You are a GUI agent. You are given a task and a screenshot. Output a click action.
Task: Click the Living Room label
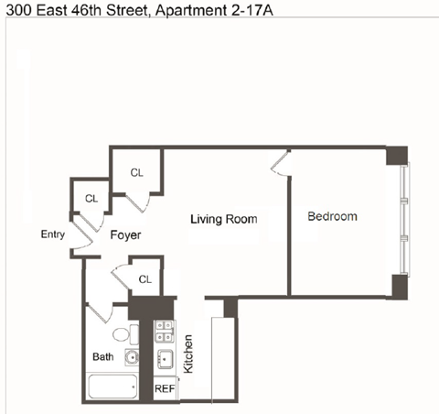pos(224,219)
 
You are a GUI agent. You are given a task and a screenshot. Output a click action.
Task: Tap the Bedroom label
pos(332,216)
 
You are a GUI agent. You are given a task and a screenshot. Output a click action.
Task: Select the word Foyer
pos(125,234)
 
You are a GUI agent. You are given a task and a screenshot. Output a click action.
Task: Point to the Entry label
pos(53,234)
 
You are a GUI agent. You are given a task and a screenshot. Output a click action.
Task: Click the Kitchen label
pos(188,354)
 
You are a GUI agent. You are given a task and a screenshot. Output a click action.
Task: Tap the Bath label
pos(103,356)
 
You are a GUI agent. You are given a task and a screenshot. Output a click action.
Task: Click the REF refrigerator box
pos(166,388)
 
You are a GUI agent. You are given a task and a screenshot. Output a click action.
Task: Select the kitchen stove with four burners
pos(165,332)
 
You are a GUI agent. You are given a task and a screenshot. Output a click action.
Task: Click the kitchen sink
pos(165,359)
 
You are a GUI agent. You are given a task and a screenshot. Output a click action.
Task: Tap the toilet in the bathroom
pos(125,334)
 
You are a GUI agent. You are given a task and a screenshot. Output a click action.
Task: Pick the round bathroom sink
pos(132,357)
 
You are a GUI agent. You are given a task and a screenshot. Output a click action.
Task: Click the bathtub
pos(112,387)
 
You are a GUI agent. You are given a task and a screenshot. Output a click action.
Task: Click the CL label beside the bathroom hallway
pos(145,279)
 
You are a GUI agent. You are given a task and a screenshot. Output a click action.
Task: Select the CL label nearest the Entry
pos(91,199)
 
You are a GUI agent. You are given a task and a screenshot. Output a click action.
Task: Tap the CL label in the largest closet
pos(136,173)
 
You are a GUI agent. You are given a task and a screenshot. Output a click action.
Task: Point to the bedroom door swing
pos(281,163)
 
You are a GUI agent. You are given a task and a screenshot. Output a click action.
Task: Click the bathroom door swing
pos(100,312)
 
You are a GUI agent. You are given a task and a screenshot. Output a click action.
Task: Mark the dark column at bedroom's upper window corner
pos(397,156)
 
